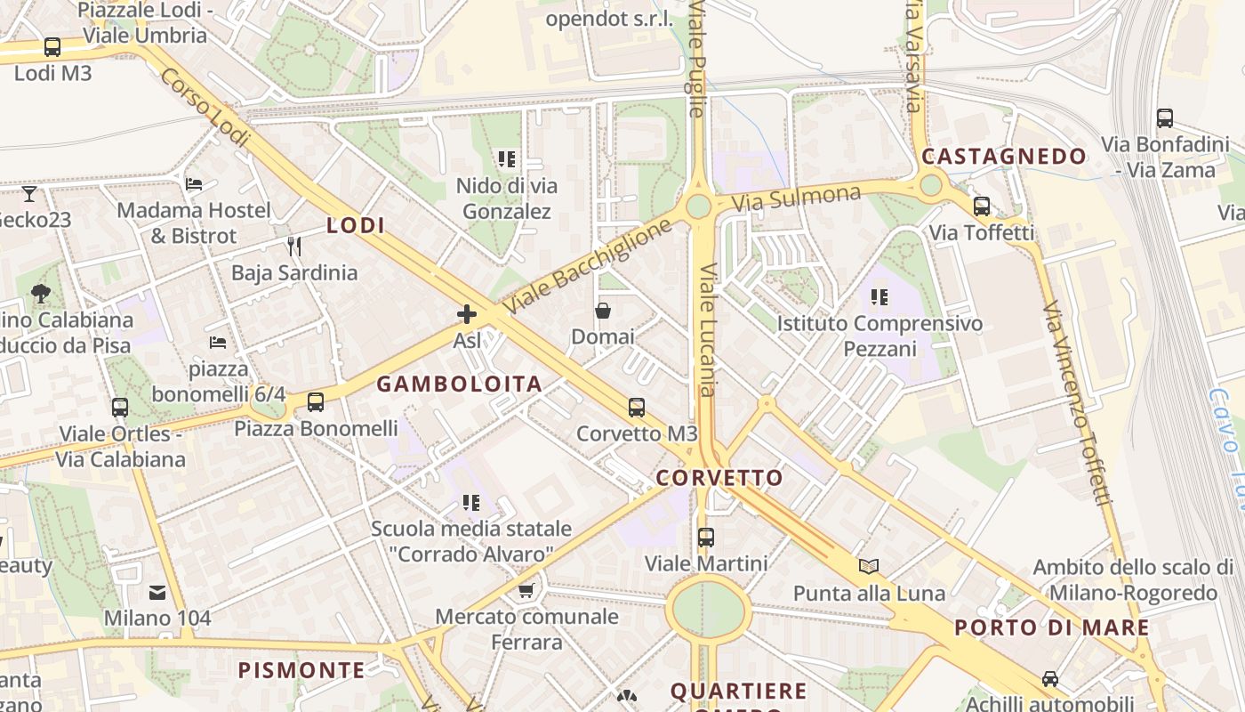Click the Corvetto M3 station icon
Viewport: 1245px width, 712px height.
[636, 408]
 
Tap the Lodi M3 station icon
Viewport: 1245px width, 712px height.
[52, 47]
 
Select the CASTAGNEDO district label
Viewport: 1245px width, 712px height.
[1004, 157]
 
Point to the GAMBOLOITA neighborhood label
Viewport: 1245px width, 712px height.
[459, 384]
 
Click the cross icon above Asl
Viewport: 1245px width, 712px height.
[467, 314]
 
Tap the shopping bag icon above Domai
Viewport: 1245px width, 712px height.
[603, 311]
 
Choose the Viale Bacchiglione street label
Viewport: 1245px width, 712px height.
[587, 267]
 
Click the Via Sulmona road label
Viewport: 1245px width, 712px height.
[796, 198]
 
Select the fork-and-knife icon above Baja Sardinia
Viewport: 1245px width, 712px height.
[293, 246]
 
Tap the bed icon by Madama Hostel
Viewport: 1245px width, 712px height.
[194, 184]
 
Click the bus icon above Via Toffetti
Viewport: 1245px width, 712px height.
[982, 206]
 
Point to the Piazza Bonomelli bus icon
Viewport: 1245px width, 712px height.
[316, 402]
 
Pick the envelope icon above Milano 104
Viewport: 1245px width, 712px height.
[157, 592]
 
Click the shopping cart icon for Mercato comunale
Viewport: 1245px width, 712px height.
[526, 590]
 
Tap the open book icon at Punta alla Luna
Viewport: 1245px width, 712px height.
[868, 566]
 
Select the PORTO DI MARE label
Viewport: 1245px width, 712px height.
[1051, 627]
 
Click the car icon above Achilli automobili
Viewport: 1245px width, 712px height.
[1050, 678]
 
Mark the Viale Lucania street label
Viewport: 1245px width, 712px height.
[708, 329]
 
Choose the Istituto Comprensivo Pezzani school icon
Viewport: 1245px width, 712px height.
[880, 297]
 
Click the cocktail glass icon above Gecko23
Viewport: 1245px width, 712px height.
[29, 193]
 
